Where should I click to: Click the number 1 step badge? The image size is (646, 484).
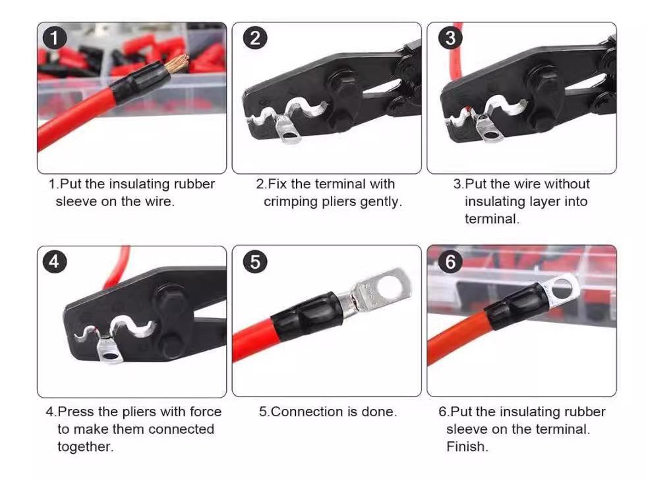point(54,38)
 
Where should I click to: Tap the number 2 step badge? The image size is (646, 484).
point(255,38)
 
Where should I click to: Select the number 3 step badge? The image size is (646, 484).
point(450,38)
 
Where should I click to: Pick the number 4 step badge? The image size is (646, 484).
point(54,262)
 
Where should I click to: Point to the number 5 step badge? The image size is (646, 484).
point(255,262)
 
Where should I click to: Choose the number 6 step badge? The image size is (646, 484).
point(450,262)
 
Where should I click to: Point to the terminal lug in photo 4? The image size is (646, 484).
point(109,350)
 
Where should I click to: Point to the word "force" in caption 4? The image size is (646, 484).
point(206,412)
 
